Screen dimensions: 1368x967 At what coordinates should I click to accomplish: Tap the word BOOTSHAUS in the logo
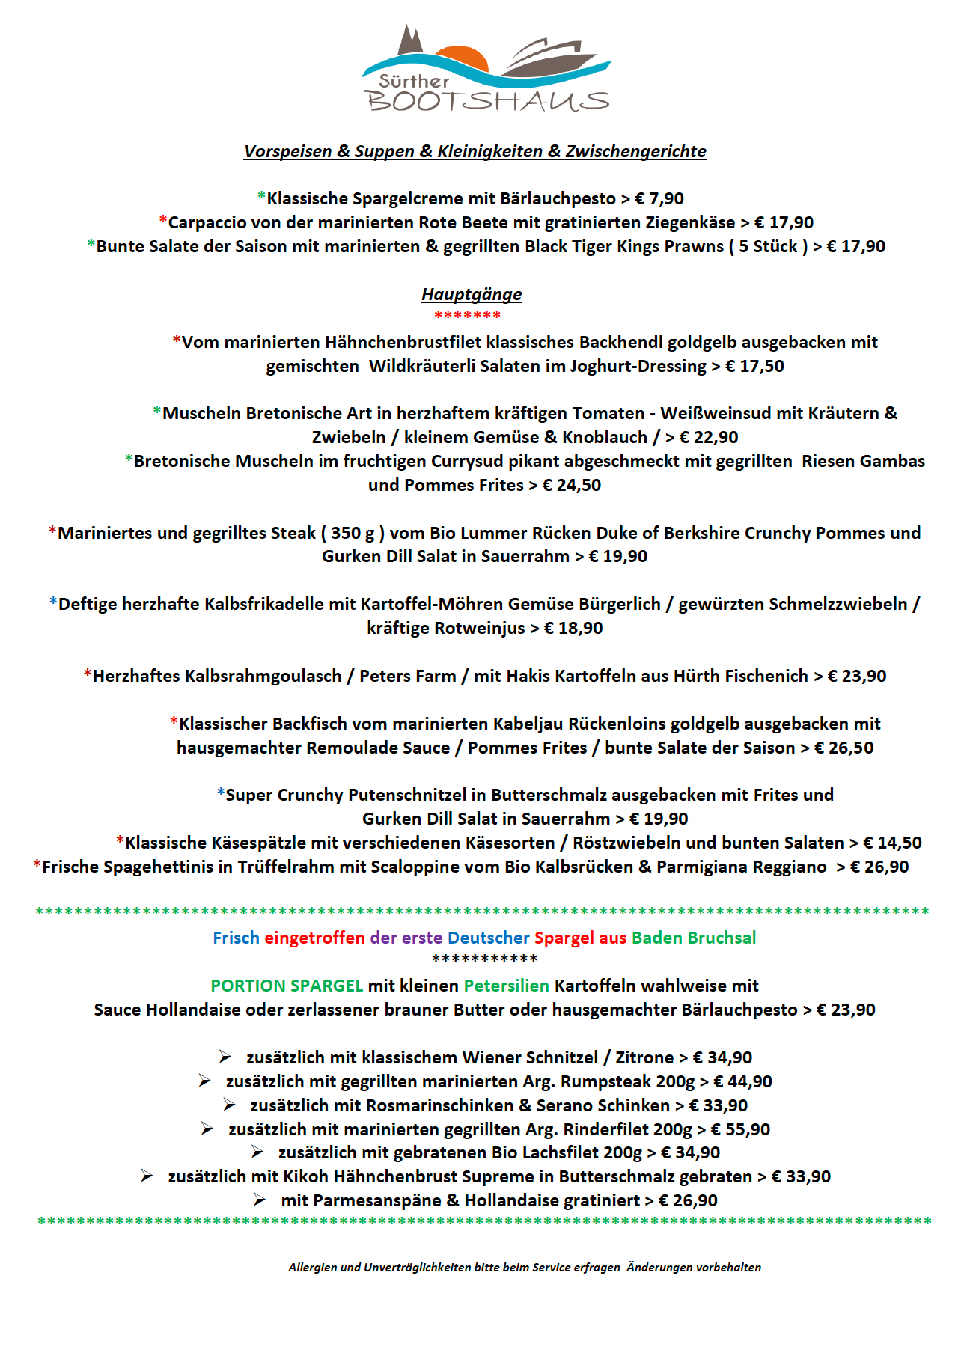(x=486, y=101)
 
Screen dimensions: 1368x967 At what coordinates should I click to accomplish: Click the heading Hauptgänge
(x=472, y=294)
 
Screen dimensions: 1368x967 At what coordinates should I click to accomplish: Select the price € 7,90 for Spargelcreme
(x=659, y=198)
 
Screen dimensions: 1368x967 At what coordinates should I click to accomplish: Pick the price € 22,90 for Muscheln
(x=709, y=437)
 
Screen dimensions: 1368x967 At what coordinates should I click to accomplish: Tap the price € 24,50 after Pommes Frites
(x=572, y=485)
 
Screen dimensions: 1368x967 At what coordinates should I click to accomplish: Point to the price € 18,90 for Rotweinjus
(x=573, y=628)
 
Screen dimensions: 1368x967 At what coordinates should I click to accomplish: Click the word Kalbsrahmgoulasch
(x=217, y=676)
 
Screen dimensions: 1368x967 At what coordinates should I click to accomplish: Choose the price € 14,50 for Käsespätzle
(x=892, y=843)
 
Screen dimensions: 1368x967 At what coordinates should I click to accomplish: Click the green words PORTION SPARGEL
(x=287, y=986)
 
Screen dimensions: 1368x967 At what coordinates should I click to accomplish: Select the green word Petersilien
(x=507, y=986)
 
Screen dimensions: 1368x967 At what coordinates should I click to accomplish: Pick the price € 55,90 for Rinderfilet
(x=740, y=1129)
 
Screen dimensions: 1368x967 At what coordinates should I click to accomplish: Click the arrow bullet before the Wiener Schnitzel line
(x=225, y=1057)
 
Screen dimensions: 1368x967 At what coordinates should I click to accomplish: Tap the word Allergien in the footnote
(x=312, y=1267)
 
